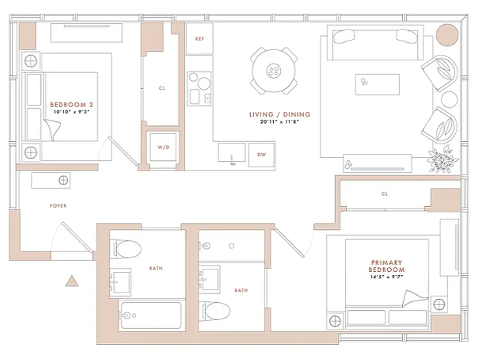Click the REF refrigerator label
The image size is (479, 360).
199,39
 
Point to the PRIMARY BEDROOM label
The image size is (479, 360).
387,265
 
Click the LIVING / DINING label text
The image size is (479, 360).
279,115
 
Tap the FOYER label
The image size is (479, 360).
58,206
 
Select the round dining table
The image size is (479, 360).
273,71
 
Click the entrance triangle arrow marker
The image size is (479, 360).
71,281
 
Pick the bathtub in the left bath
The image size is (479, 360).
151,315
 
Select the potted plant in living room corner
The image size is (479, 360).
442,159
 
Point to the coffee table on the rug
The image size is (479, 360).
377,84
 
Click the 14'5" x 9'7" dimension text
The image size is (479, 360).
387,277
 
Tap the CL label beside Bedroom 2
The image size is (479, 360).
162,88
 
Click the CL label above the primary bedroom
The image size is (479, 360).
384,194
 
